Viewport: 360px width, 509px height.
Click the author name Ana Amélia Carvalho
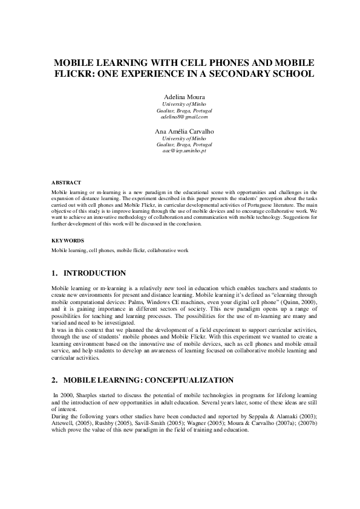point(180,131)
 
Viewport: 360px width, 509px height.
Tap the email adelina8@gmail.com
point(180,117)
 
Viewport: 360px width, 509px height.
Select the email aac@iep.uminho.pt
point(180,152)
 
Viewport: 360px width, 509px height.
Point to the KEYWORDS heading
point(67,240)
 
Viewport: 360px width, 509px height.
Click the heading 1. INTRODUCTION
point(89,274)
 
